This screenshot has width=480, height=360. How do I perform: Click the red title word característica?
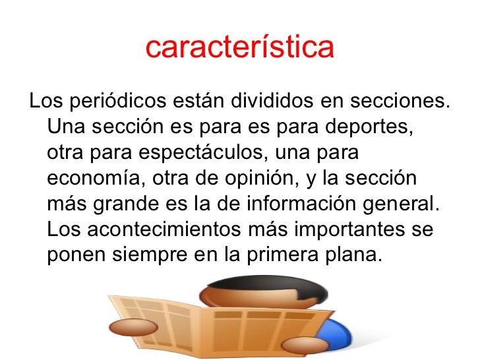click(240, 48)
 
